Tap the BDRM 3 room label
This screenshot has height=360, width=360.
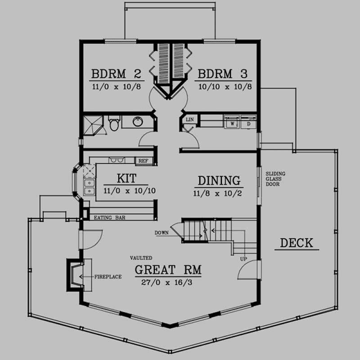click(x=223, y=73)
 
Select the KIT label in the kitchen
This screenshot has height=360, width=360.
click(x=126, y=179)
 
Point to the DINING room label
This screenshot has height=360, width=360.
click(x=219, y=180)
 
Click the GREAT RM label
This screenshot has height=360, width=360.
click(x=168, y=270)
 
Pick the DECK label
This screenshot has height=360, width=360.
click(x=296, y=243)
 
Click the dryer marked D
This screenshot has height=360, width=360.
click(x=248, y=122)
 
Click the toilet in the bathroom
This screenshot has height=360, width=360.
click(x=113, y=123)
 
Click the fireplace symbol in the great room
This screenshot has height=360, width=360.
click(x=75, y=274)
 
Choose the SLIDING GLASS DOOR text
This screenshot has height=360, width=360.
click(x=275, y=179)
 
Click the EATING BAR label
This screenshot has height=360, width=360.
click(x=110, y=218)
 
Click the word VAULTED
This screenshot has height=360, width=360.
click(x=141, y=258)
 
